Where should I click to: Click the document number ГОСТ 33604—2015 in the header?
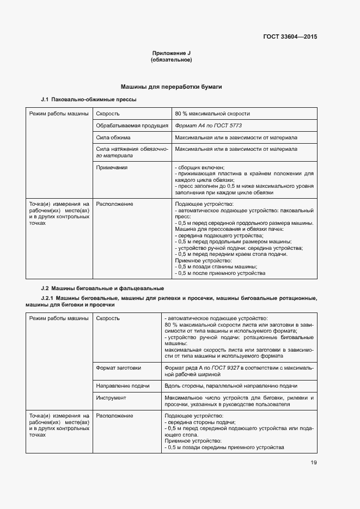(290, 37)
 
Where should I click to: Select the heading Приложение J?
(171, 53)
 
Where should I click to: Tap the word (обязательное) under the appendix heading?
(171, 60)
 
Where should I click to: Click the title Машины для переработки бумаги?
(171, 87)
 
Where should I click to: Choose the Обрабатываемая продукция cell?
(132, 125)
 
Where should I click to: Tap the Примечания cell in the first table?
(112, 168)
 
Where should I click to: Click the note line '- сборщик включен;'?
(199, 168)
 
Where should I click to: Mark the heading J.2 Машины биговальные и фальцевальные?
(102, 288)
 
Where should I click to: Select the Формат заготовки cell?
(118, 368)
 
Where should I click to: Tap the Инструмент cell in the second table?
(111, 397)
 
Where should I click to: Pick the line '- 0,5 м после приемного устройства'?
(220, 273)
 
